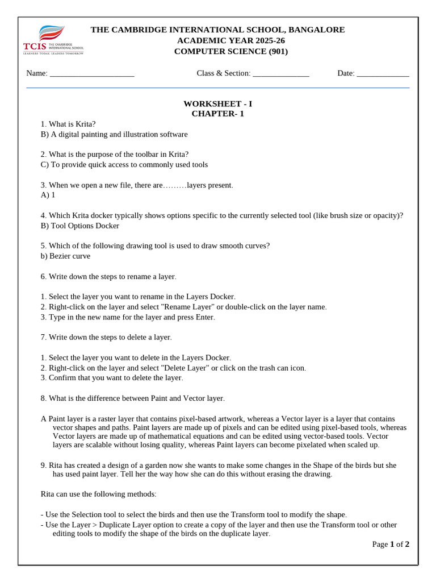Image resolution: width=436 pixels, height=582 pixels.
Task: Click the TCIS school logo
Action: pos(53,40)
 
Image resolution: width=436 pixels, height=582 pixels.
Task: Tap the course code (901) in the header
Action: pos(278,51)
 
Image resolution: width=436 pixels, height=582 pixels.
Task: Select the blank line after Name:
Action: pos(92,73)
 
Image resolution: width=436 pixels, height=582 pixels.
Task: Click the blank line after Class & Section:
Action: pos(280,73)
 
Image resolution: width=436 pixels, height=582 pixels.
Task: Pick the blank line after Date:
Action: pos(383,73)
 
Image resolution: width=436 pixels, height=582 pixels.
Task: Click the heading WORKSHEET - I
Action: pos(217,103)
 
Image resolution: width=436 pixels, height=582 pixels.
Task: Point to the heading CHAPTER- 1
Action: pos(217,114)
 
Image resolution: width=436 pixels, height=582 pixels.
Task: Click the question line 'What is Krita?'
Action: pos(68,124)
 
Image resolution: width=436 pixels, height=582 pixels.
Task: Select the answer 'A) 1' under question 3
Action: pos(48,195)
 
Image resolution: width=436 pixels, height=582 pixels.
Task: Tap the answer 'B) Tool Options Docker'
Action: pos(80,226)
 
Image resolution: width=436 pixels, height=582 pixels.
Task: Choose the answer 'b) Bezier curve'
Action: pos(65,256)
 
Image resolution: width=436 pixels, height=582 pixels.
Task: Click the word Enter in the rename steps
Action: pos(204,317)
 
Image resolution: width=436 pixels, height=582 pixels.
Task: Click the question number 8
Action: pos(43,398)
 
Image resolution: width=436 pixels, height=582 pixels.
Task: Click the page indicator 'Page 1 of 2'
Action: pos(391,544)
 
